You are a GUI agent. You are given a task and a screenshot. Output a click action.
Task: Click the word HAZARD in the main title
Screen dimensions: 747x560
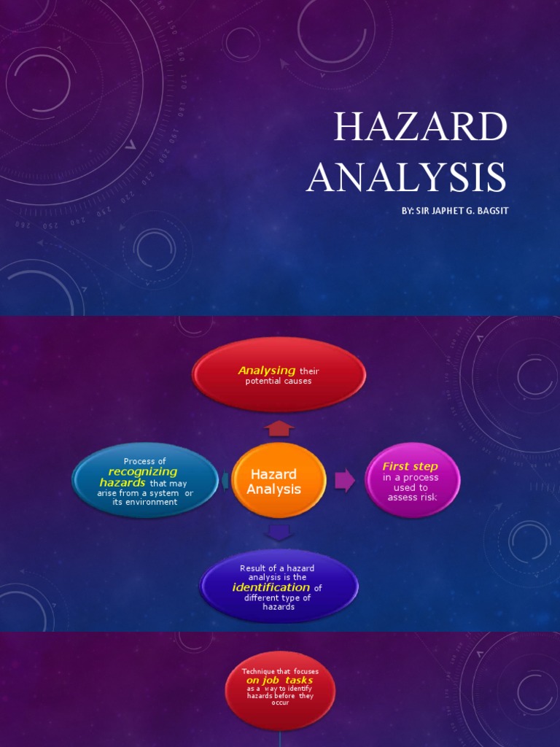pyautogui.click(x=419, y=128)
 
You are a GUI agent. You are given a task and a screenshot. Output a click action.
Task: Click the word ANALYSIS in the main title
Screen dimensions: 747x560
pyautogui.click(x=405, y=177)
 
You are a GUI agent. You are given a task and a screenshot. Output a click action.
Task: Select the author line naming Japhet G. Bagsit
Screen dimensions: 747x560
pyautogui.click(x=454, y=211)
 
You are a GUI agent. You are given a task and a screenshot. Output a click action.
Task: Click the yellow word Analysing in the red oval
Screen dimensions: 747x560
pyautogui.click(x=267, y=371)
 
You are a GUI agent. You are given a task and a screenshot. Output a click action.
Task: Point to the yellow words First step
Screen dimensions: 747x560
pyautogui.click(x=411, y=466)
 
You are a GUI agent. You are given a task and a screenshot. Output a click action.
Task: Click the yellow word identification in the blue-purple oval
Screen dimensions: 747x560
pyautogui.click(x=271, y=587)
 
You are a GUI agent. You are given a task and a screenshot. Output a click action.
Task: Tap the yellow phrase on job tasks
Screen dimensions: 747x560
pyautogui.click(x=279, y=680)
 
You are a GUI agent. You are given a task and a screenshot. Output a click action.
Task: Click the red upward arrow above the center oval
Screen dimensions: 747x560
pyautogui.click(x=280, y=428)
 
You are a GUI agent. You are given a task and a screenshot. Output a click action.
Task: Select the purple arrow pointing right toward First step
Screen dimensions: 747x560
pyautogui.click(x=344, y=480)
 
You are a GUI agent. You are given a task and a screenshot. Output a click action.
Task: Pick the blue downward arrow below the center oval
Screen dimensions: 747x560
pyautogui.click(x=279, y=533)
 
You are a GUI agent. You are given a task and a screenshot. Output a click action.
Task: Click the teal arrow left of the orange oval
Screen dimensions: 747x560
pyautogui.click(x=225, y=480)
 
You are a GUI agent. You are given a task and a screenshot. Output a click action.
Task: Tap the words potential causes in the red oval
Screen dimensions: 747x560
pyautogui.click(x=279, y=382)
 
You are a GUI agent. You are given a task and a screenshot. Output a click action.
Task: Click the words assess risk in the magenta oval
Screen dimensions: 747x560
pyautogui.click(x=413, y=498)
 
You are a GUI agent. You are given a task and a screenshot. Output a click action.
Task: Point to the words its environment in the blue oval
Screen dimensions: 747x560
pyautogui.click(x=145, y=502)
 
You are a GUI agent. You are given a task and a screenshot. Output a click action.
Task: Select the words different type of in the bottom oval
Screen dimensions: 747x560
pyautogui.click(x=277, y=597)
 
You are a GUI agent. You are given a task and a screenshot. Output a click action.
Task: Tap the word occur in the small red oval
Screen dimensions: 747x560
pyautogui.click(x=279, y=703)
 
